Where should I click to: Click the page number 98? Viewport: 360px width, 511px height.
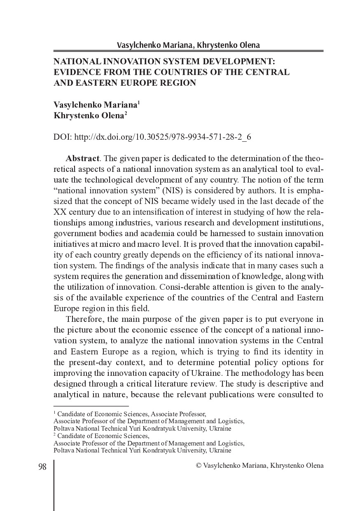coord(42,466)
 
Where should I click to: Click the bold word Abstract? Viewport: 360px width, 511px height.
coord(82,159)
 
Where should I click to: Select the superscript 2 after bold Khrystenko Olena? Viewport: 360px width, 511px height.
coord(126,113)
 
